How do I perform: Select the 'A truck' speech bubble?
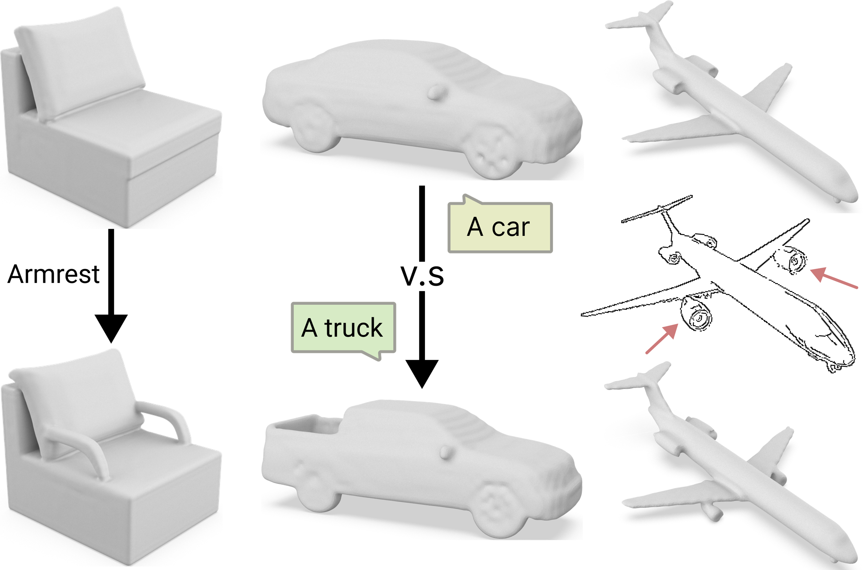pos(343,329)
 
